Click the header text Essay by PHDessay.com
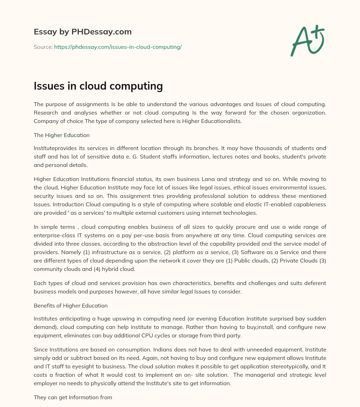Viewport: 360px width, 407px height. [x=83, y=32]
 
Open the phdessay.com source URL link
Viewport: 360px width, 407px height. [x=118, y=47]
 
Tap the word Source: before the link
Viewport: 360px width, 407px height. [x=43, y=47]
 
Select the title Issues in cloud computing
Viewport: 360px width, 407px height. [x=98, y=86]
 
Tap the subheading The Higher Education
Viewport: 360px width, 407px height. [x=62, y=135]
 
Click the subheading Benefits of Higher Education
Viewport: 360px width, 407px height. [x=71, y=306]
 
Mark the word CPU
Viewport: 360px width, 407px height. [x=150, y=336]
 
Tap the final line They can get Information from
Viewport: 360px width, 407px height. [x=73, y=398]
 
